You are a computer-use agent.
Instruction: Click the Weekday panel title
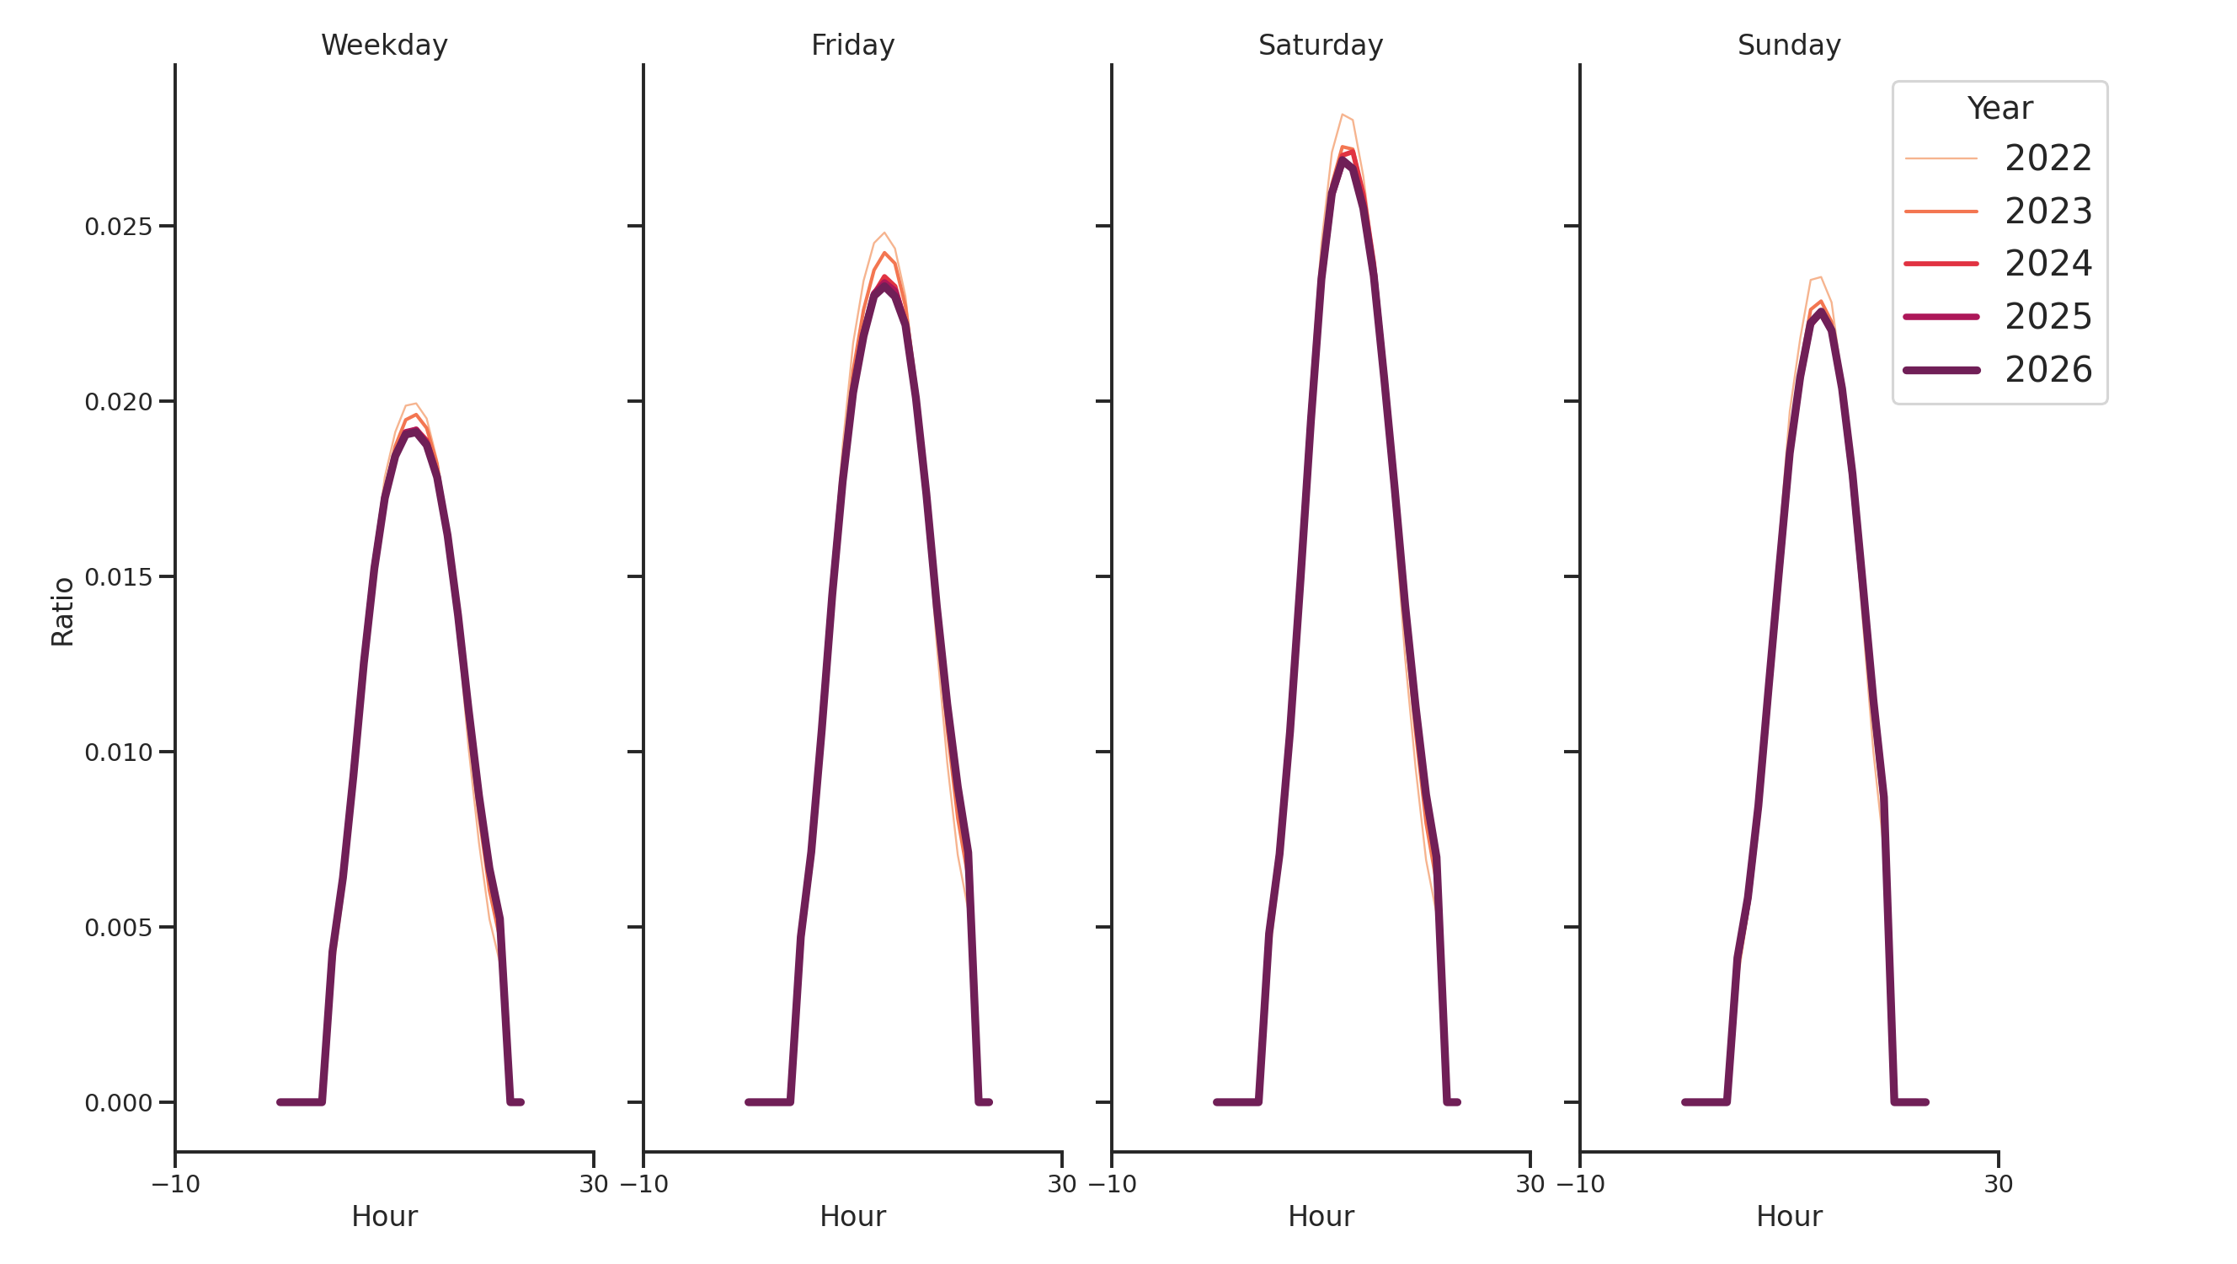pyautogui.click(x=384, y=46)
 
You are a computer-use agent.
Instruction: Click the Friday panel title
pyautogui.click(x=852, y=46)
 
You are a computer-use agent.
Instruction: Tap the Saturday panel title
pyautogui.click(x=1320, y=46)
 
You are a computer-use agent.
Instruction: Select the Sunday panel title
pyautogui.click(x=1788, y=46)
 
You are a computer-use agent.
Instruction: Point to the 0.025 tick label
pyautogui.click(x=118, y=228)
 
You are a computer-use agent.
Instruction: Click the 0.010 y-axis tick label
pyautogui.click(x=118, y=753)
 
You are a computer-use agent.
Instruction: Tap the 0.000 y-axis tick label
pyautogui.click(x=118, y=1103)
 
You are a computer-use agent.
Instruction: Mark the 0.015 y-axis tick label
pyautogui.click(x=118, y=578)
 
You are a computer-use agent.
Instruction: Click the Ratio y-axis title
pyautogui.click(x=62, y=612)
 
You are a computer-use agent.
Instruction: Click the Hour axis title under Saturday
pyautogui.click(x=1320, y=1216)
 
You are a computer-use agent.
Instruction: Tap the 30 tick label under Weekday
pyautogui.click(x=593, y=1184)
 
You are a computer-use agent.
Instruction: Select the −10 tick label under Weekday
pyautogui.click(x=175, y=1184)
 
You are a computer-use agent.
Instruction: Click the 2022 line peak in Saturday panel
pyautogui.click(x=1342, y=115)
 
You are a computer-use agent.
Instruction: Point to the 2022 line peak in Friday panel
pyautogui.click(x=884, y=233)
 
